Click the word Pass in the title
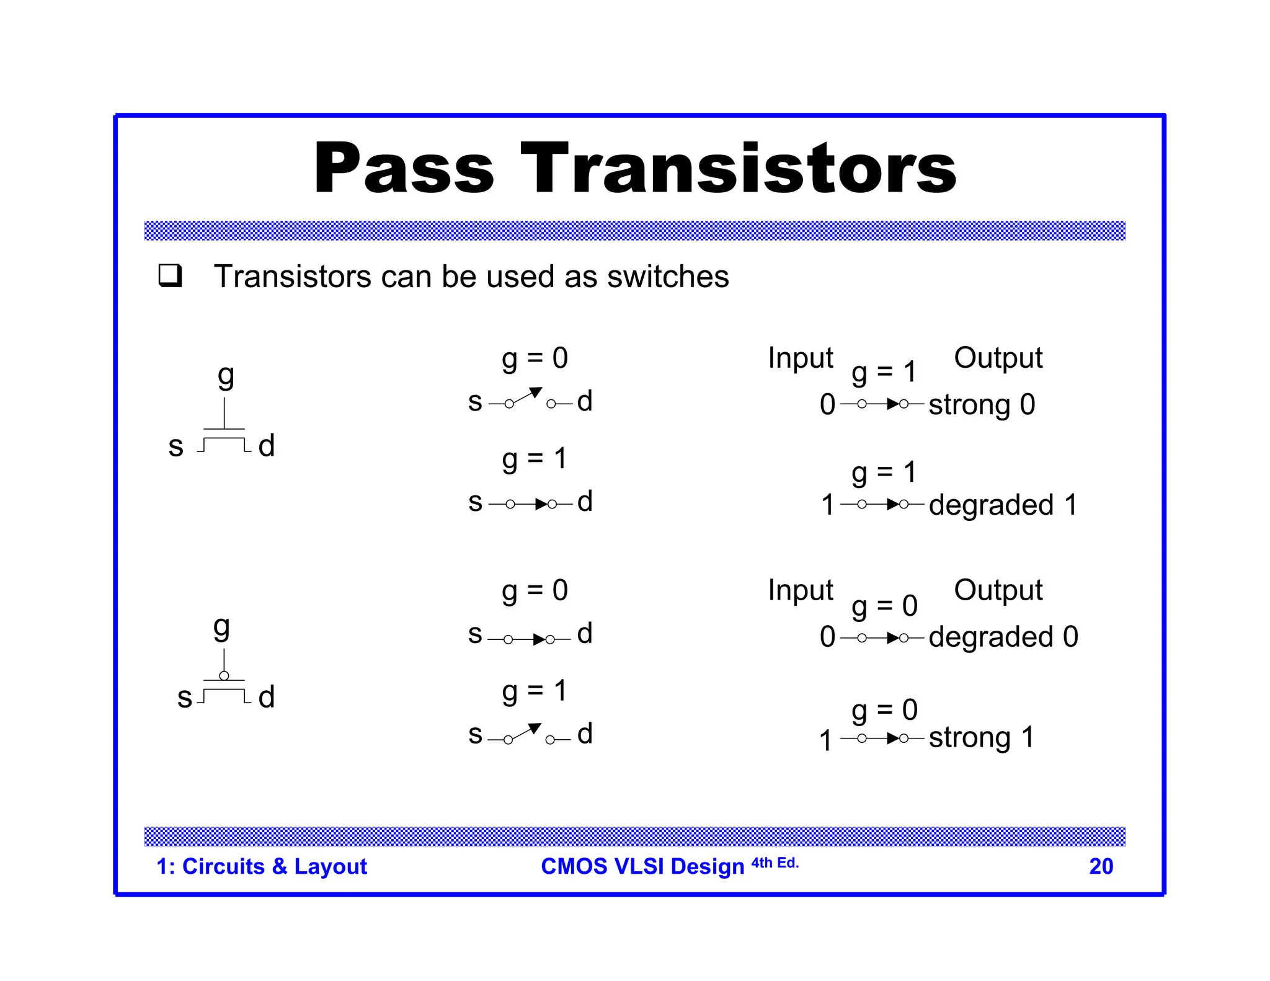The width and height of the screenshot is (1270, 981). pos(404,169)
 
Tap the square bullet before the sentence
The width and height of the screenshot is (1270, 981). pos(170,275)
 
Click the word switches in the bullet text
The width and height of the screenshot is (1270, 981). pos(668,277)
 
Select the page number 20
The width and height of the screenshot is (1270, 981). pos(1101,866)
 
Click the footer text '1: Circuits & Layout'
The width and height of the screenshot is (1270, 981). pos(262,866)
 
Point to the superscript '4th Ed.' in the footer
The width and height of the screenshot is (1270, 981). pos(775,863)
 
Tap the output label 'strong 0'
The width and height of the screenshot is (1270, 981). pos(982,405)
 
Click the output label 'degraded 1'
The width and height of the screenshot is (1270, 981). pos(1003,505)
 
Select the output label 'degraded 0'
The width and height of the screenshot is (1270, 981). pos(1003,637)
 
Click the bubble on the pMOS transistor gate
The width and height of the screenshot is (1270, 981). pos(224,675)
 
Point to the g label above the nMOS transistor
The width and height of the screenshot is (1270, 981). pos(226,376)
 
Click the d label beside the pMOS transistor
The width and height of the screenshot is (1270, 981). pos(267,697)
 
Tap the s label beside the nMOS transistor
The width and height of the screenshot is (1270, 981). pos(176,446)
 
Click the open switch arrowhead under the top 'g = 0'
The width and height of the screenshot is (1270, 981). pos(536,393)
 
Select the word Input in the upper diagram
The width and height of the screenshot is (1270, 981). pos(800,358)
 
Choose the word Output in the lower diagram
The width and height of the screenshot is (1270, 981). pos(998,590)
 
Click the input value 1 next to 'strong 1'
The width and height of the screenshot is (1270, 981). pos(825,740)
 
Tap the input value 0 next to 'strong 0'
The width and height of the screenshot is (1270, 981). pos(827,405)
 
